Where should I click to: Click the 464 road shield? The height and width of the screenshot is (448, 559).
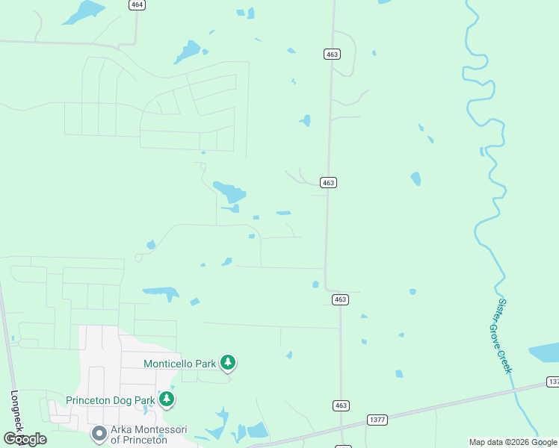pos(136,4)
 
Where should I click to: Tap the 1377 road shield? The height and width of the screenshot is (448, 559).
pos(377,420)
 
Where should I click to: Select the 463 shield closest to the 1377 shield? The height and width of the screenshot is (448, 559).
pos(341,405)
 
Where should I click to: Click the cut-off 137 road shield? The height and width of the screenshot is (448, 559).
pos(553,382)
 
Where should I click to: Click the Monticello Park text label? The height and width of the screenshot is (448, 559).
pos(179,364)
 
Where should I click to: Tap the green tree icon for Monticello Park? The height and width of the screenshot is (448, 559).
pos(228,364)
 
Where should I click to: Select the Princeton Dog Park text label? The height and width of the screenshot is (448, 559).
pos(111,400)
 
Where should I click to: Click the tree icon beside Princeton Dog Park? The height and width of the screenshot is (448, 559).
pos(167,400)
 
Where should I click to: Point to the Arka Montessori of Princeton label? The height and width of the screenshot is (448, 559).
pos(149,435)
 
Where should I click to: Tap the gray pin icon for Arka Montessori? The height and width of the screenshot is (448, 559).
pos(99,433)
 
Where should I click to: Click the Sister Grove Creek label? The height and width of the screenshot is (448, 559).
pos(504,336)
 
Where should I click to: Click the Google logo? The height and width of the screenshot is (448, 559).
pos(25,439)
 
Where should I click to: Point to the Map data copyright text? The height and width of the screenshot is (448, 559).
pos(513,443)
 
